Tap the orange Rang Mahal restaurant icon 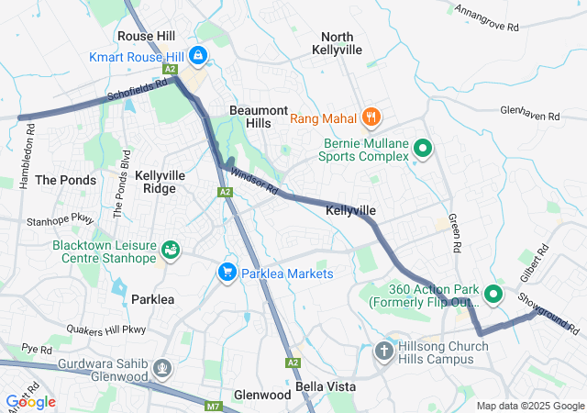coord(371,117)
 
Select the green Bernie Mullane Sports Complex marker coord(423,148)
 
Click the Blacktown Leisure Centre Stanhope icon coord(170,250)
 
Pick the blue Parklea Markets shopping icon coord(227,273)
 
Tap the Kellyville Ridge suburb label coord(161,181)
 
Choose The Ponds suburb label coord(65,180)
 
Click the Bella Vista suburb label coord(325,386)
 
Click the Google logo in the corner coord(30,401)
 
